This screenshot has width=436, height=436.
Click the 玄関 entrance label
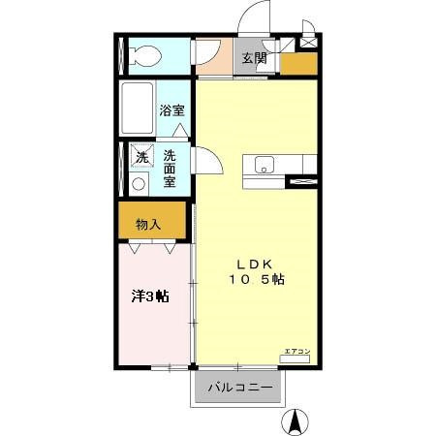tap(254, 58)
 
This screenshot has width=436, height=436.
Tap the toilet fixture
tap(145, 56)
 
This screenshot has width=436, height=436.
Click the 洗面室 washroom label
tap(170, 168)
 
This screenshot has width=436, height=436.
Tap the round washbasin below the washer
tap(139, 182)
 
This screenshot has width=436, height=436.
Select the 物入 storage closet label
tap(147, 225)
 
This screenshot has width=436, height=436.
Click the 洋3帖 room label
tap(150, 296)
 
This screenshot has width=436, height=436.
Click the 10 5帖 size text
tap(257, 280)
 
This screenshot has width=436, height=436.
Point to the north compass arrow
tap(296, 421)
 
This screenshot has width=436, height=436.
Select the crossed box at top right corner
tap(309, 42)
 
